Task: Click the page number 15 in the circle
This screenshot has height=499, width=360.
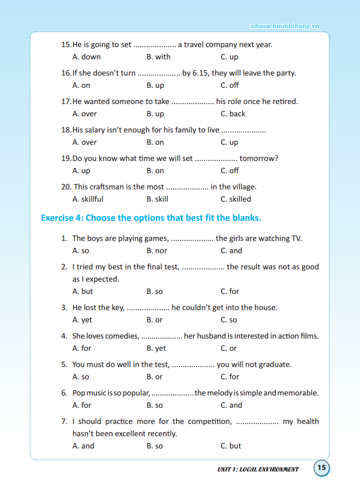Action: (x=322, y=468)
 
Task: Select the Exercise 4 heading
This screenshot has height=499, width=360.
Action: (x=151, y=218)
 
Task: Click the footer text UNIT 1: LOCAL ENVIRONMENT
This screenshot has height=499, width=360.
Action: (x=258, y=470)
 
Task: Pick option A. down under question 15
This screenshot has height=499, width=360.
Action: (x=86, y=57)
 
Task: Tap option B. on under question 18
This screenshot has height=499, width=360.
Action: (x=155, y=142)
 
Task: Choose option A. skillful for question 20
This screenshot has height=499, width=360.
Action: (x=88, y=199)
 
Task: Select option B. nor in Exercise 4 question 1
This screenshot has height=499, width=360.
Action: (x=157, y=251)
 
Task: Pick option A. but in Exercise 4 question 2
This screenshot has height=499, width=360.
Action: (x=83, y=291)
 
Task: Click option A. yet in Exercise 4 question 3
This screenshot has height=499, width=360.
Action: (x=82, y=320)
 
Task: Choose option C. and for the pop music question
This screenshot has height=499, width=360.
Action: (x=231, y=405)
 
